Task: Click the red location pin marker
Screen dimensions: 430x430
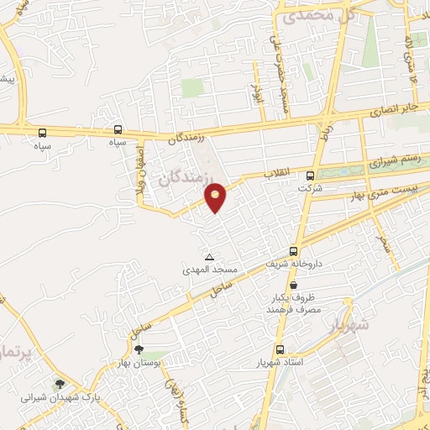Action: (x=216, y=197)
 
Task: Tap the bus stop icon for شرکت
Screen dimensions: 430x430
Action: (x=310, y=176)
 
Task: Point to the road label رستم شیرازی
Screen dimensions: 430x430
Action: (x=395, y=160)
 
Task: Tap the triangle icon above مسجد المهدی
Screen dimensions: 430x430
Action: (x=210, y=256)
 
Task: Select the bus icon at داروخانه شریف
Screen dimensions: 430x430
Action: (x=293, y=250)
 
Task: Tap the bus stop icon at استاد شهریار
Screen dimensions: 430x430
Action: (x=280, y=350)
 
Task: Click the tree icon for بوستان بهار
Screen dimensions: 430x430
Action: (x=139, y=351)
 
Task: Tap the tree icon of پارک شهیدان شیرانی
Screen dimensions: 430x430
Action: (x=58, y=384)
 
